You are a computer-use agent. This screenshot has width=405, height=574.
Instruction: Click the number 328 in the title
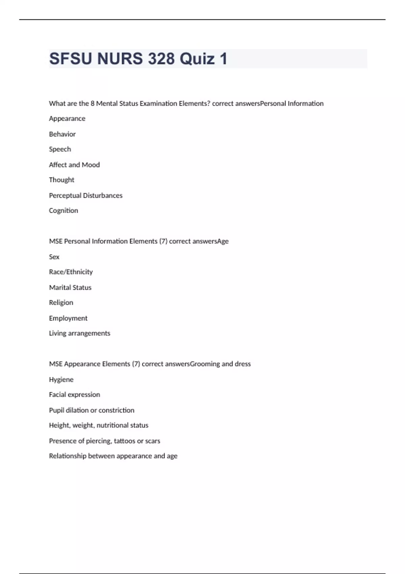tap(161, 59)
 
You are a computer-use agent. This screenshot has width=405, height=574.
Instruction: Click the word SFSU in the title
tap(71, 59)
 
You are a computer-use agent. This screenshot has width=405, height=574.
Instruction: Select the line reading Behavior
tap(62, 134)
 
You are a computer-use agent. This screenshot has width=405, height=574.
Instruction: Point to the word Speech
tap(60, 149)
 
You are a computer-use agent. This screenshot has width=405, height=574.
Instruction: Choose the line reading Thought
tap(61, 180)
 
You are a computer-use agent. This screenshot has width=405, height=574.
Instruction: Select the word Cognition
tap(63, 211)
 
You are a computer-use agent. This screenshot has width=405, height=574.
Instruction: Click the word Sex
tap(54, 257)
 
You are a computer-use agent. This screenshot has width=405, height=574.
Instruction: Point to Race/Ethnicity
tap(71, 272)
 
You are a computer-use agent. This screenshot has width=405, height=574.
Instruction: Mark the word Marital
tap(60, 288)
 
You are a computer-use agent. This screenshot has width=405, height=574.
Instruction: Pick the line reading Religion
tap(61, 303)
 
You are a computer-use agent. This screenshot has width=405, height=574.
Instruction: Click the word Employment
tap(68, 318)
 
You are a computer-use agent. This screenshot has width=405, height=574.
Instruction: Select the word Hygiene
tap(61, 380)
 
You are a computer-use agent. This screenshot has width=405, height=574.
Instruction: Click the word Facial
tap(57, 395)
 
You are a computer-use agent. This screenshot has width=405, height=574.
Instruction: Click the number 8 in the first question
tap(92, 104)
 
